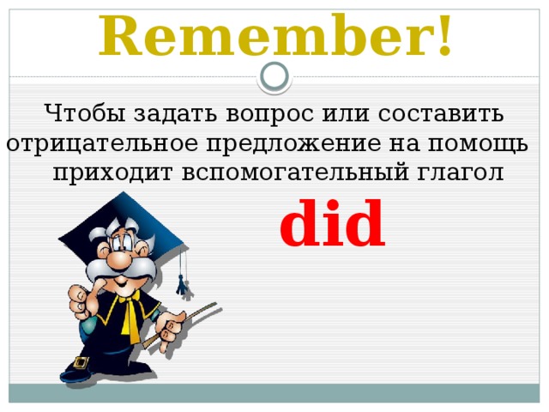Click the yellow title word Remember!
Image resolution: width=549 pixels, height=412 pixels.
(x=274, y=35)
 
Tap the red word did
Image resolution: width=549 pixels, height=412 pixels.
(x=332, y=225)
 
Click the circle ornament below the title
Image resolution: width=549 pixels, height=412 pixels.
(x=274, y=77)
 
